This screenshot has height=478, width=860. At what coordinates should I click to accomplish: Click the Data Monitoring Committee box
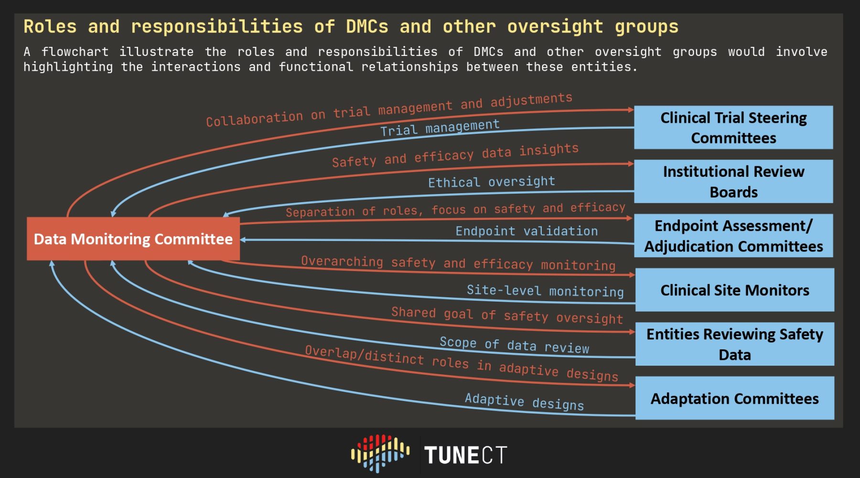click(133, 239)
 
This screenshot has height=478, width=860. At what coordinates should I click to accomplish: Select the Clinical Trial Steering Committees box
click(733, 128)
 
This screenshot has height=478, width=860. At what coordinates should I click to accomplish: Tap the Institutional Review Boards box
click(733, 182)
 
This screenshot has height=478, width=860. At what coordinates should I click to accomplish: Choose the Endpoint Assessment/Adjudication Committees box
click(733, 236)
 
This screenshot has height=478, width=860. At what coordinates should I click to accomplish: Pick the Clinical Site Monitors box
click(734, 290)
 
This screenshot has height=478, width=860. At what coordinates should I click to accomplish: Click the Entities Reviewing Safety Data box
click(734, 344)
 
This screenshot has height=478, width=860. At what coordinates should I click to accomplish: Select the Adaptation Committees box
click(734, 398)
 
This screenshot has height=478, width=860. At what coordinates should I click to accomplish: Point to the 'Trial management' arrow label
click(440, 128)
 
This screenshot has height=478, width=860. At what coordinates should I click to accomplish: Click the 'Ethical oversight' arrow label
click(492, 182)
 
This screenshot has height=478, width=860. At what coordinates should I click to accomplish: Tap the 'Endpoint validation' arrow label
click(527, 231)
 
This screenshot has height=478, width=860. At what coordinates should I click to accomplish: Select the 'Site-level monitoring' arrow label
click(545, 291)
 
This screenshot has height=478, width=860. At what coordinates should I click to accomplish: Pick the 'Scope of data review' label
click(515, 345)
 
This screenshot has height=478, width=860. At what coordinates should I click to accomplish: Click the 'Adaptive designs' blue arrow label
click(524, 402)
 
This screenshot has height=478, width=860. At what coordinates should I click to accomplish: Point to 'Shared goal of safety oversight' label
click(507, 316)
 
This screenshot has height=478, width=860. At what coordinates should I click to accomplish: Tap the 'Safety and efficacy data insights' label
click(455, 156)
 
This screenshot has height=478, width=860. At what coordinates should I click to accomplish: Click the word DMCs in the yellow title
click(367, 26)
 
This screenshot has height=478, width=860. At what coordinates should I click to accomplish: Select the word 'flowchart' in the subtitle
click(75, 52)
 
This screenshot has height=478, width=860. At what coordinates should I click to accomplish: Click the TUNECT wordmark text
click(465, 455)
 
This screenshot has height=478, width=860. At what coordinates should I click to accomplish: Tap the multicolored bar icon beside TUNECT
click(380, 453)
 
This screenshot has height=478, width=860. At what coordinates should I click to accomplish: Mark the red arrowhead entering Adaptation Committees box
click(632, 385)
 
